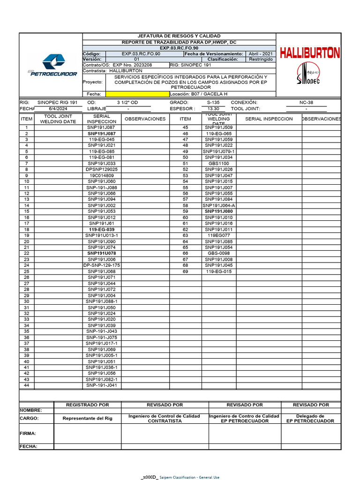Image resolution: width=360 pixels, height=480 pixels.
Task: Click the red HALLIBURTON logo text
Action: point(309,53)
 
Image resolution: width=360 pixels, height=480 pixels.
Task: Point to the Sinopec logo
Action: point(308,75)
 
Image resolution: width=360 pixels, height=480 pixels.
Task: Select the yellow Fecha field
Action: point(137,94)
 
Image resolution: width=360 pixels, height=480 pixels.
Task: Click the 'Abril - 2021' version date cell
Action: point(261,54)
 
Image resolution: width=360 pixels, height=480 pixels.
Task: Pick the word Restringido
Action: point(261,60)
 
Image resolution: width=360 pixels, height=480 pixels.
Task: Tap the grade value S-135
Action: point(213,102)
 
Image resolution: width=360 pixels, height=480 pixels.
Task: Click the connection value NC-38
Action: point(306,102)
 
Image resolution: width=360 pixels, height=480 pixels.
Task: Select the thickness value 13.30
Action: point(213,109)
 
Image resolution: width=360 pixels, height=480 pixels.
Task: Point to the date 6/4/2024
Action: point(55,109)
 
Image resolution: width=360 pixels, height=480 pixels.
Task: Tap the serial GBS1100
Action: point(218,164)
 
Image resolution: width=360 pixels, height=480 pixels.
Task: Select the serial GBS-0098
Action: point(218,254)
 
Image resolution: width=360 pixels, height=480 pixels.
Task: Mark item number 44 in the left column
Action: point(27,385)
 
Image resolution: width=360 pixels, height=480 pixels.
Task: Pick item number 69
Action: point(185,271)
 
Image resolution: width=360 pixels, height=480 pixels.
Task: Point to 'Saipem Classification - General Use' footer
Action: point(189,477)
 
